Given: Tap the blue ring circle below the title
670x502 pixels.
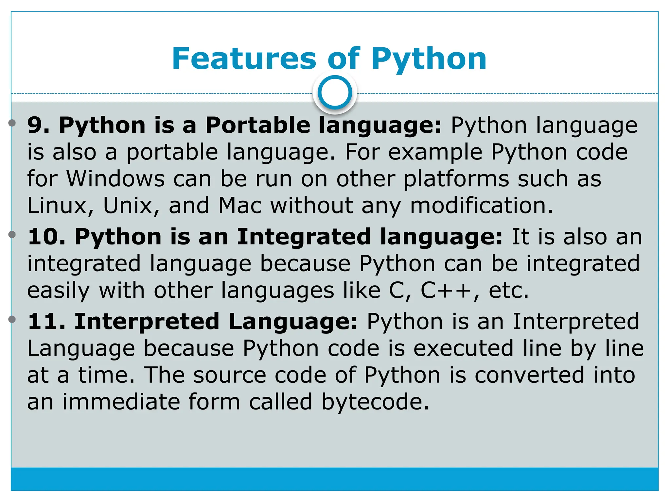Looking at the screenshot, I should point(335,92).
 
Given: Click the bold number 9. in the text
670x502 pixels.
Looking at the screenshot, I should point(38,125).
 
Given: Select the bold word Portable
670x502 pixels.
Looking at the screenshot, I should point(257,125).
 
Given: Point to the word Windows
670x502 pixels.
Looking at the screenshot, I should point(115,179).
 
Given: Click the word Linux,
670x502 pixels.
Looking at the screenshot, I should point(61,206).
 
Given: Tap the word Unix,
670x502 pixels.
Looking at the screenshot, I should point(131,206).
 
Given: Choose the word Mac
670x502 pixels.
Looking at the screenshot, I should point(240,206).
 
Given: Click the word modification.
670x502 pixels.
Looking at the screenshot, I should point(481,206).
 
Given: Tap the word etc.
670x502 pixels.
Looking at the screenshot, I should point(508,290).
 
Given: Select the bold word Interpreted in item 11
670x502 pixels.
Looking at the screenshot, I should point(147,321).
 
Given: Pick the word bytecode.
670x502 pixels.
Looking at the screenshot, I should point(375,402).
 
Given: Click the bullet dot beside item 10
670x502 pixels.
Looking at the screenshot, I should point(12,234).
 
